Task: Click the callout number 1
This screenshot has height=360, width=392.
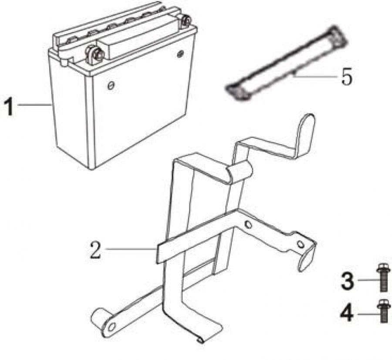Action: pos(9,107)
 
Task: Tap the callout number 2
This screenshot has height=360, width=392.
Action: pos(96,250)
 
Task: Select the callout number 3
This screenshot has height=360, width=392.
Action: pos(348,281)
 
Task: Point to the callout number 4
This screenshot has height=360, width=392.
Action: pos(347,314)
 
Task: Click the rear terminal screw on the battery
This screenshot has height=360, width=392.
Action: pos(185,21)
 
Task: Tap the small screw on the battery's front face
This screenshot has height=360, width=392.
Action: pos(111,85)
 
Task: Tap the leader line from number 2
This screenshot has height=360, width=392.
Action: pos(130,249)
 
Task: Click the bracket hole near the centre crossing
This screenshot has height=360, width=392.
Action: pos(247,224)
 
